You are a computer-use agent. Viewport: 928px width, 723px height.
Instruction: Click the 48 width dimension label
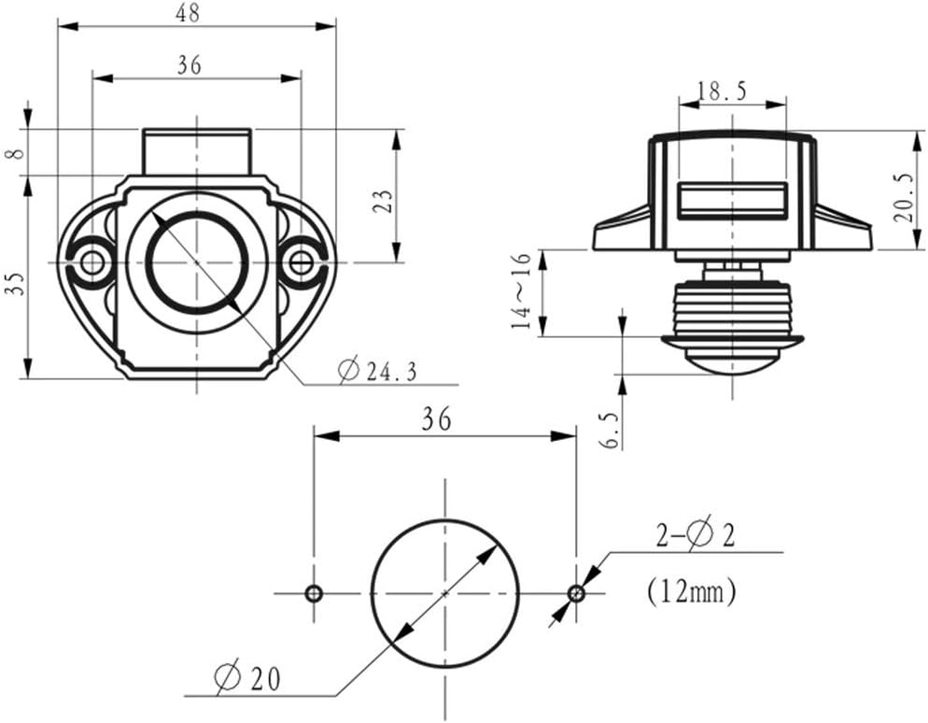point(195,13)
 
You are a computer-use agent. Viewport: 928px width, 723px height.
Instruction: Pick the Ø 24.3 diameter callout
point(378,371)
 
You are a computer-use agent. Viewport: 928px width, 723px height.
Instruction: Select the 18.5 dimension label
point(724,91)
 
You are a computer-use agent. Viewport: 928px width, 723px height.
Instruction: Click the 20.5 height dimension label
point(903,198)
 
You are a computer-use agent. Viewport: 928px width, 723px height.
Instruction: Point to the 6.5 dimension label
point(611,431)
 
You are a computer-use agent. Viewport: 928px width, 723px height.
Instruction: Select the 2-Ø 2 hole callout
point(694,535)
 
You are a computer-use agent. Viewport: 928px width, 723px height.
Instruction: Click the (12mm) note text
point(691,589)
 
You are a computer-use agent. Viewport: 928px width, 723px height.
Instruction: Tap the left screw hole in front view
point(91,262)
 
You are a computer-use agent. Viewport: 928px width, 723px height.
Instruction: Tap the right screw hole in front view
point(302,262)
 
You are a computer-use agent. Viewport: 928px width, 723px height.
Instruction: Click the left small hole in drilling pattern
point(314,593)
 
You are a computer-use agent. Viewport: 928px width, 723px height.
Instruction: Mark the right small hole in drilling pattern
point(576,593)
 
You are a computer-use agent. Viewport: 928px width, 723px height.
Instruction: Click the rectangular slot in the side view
point(731,201)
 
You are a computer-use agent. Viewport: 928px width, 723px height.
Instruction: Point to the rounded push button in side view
point(732,359)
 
